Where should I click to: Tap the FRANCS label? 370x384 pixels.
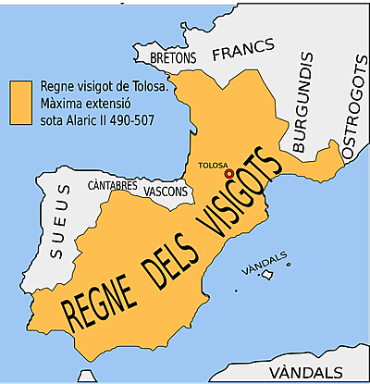[x=244, y=50]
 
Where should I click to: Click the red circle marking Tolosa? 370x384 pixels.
[x=228, y=173]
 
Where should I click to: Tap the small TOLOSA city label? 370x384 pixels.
[x=215, y=167]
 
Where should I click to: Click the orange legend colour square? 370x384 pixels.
[x=20, y=97]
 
